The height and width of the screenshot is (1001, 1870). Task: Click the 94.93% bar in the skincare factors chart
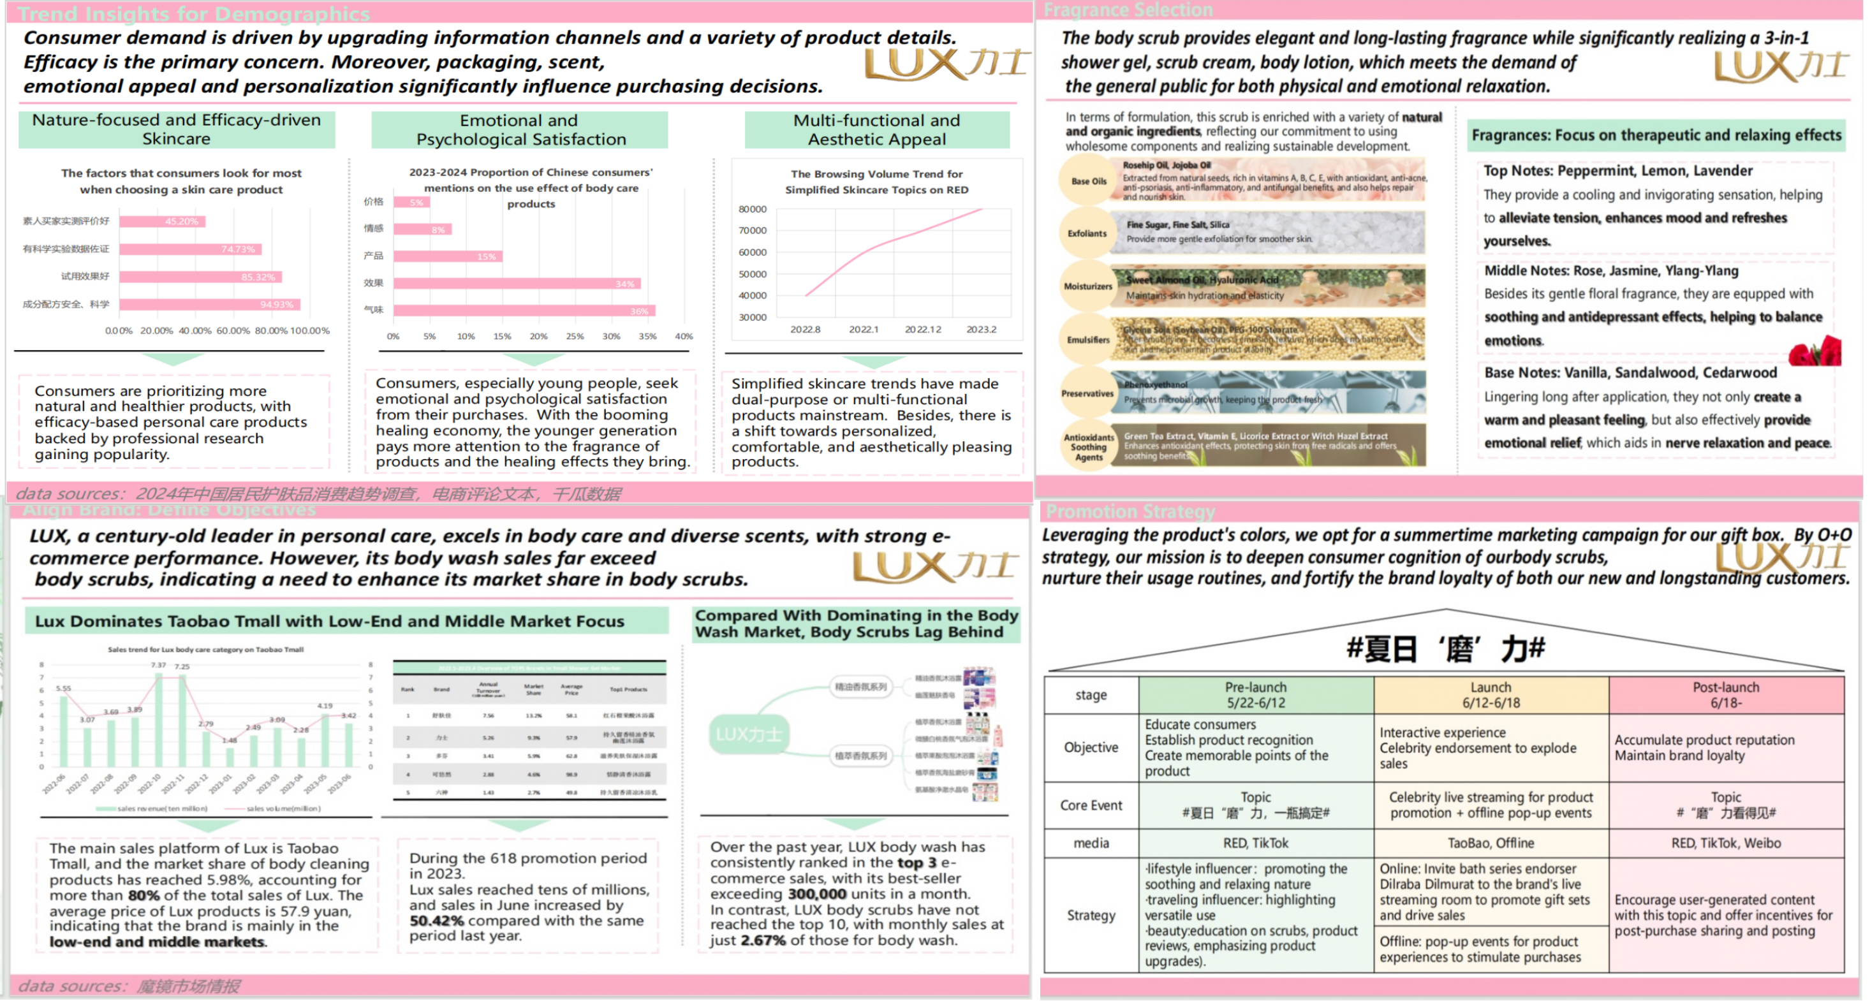(x=210, y=305)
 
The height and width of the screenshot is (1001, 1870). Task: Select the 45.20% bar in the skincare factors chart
(x=163, y=221)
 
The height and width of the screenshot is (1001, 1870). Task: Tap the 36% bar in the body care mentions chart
(x=524, y=311)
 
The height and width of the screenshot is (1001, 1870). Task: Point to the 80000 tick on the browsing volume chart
(x=752, y=209)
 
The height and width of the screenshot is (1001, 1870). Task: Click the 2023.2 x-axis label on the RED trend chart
(x=981, y=330)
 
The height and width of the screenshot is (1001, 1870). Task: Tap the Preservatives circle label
(x=1087, y=393)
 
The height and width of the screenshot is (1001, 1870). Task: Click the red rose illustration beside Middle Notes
(x=1816, y=351)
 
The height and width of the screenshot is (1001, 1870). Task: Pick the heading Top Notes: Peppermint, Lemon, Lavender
(x=1617, y=171)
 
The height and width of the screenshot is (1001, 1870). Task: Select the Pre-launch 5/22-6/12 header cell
(x=1255, y=695)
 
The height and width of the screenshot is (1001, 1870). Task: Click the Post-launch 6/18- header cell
(x=1725, y=695)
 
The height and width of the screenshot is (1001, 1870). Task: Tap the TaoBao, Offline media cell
(x=1491, y=843)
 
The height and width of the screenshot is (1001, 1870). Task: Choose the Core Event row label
(x=1091, y=805)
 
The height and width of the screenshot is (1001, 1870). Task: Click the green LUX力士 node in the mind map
(x=748, y=734)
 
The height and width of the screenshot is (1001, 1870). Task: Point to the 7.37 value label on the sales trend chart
(x=158, y=665)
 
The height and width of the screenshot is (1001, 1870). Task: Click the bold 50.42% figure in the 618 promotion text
(x=436, y=921)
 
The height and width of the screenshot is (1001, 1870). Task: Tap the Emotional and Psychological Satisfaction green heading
(x=520, y=130)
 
